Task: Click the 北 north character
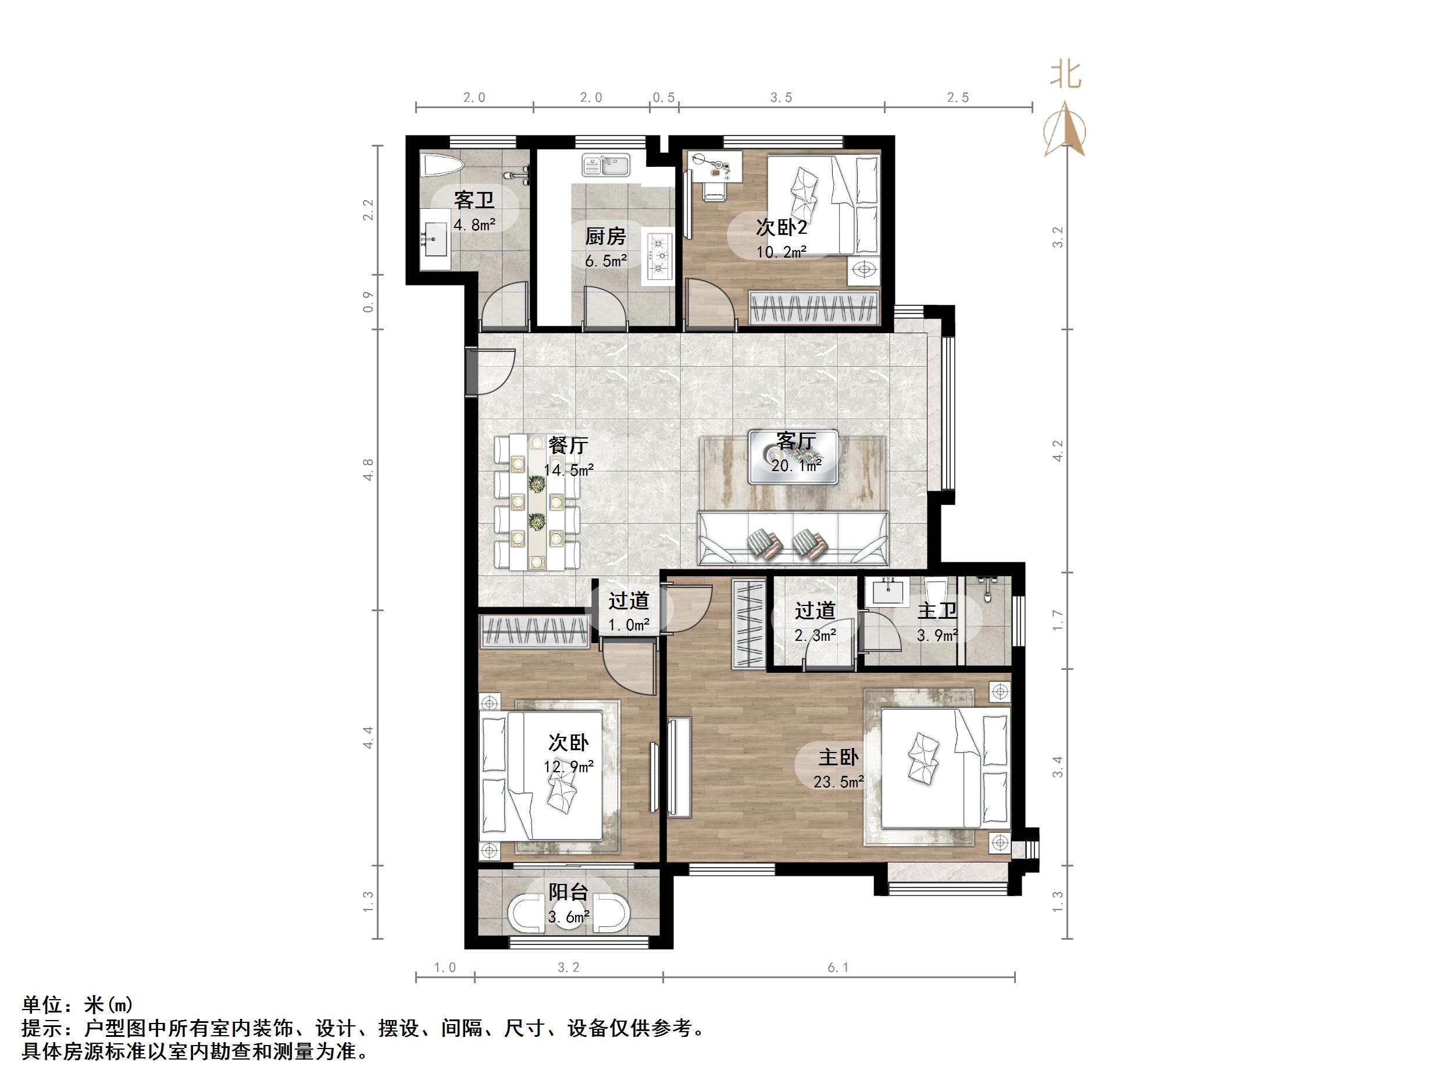point(1065,74)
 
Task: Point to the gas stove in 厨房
point(659,255)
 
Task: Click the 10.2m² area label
point(782,252)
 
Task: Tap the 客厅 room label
point(795,443)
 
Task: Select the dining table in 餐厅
point(537,502)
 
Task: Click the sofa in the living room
point(793,539)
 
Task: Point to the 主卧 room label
point(839,757)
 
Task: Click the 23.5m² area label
point(839,782)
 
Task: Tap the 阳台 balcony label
point(568,893)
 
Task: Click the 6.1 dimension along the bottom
point(838,968)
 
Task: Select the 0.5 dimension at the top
point(663,98)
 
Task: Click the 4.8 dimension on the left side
point(369,470)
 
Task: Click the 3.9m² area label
point(937,635)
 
